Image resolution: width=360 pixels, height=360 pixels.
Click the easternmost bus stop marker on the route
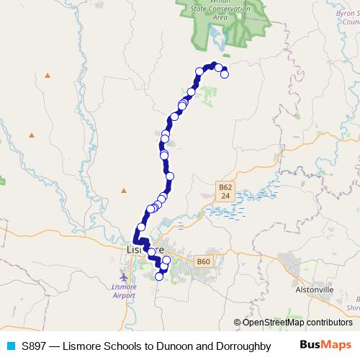[x=225, y=73]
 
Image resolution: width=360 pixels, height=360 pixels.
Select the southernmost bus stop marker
[x=159, y=276]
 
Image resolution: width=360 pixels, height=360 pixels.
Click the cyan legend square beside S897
[x=10, y=346]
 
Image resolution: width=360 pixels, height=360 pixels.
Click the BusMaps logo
[x=326, y=346]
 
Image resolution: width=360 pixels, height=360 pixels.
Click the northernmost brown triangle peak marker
[x=48, y=74]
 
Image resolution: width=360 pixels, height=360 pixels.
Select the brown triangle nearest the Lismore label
[x=124, y=190]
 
